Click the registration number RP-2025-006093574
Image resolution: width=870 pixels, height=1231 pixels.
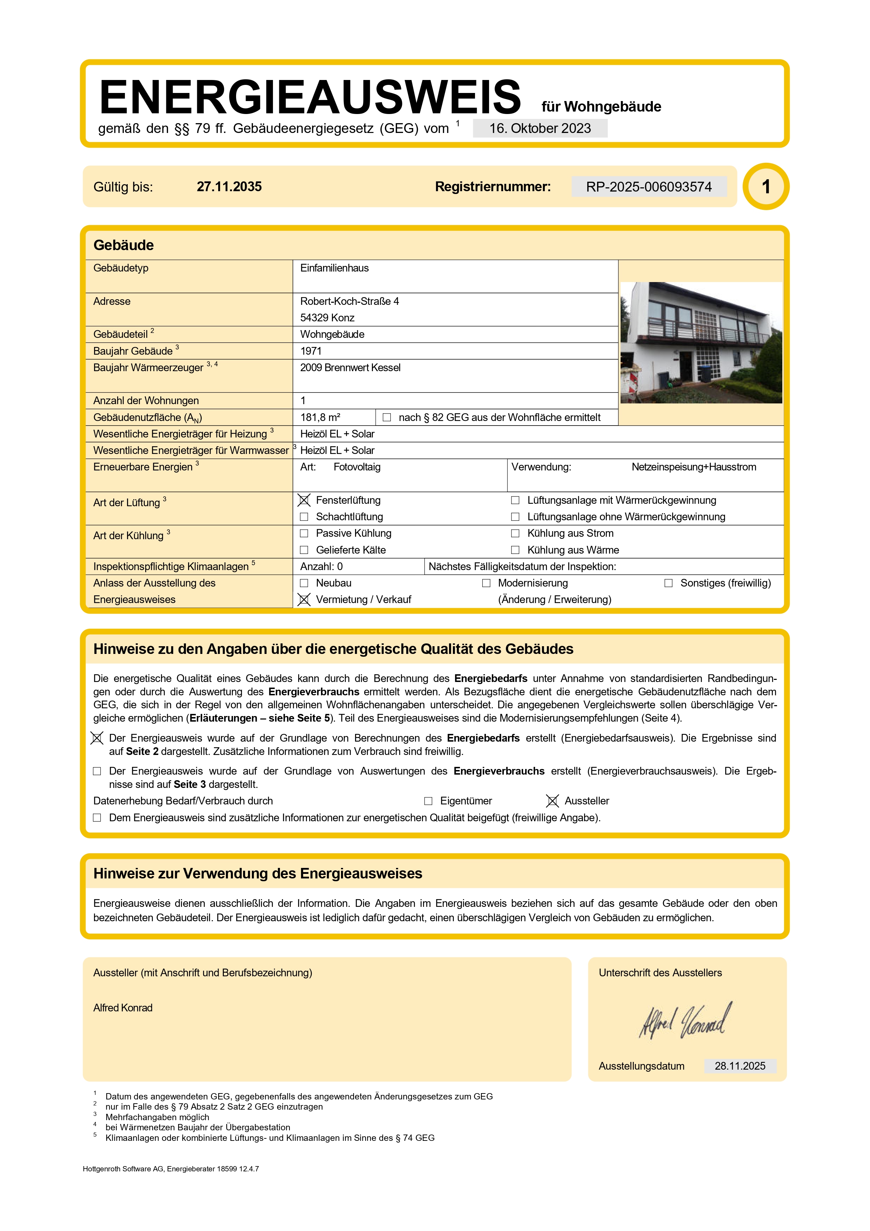(649, 187)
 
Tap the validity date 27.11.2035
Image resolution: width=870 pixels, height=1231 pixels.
(229, 187)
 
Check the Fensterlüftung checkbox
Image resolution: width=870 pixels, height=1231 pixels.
(304, 500)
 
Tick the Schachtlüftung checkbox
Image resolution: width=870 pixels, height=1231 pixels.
(304, 517)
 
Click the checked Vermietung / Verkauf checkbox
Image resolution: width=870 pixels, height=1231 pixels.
(304, 600)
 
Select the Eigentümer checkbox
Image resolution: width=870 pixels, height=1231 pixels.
(428, 801)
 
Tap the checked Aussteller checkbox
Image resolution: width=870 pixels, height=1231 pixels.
(552, 801)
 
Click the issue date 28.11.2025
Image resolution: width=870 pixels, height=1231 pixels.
(740, 1066)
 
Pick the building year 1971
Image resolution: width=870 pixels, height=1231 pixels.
(311, 351)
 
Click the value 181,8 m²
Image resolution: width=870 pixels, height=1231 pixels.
(320, 417)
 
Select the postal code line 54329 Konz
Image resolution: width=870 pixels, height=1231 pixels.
(327, 317)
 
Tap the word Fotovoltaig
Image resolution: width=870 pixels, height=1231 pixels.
(357, 467)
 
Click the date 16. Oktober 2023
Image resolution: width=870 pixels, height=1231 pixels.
(540, 129)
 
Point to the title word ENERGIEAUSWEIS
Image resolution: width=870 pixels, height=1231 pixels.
(310, 97)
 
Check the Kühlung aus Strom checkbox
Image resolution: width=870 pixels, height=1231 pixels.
(515, 534)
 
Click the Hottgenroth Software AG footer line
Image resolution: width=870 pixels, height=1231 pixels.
(170, 1169)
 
